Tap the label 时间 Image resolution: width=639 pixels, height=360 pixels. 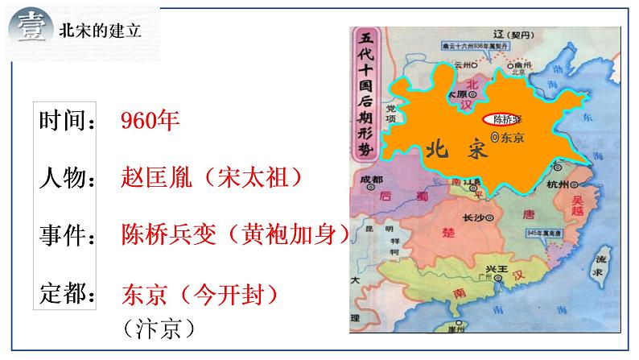pyautogui.click(x=66, y=122)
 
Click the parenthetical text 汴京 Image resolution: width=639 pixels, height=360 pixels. pyautogui.click(x=160, y=329)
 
